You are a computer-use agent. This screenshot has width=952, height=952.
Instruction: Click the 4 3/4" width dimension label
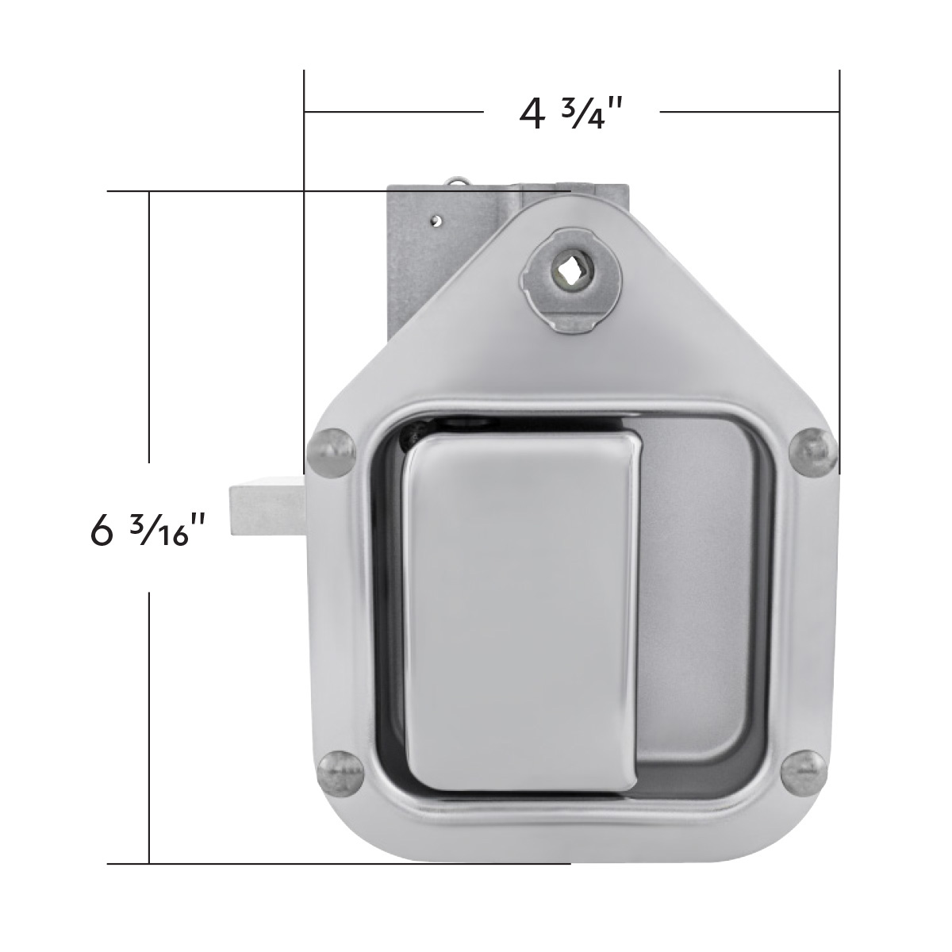pos(569,113)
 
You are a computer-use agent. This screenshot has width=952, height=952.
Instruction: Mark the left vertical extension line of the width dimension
pos(305,262)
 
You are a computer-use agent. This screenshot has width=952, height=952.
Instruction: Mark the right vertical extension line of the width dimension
pos(839,262)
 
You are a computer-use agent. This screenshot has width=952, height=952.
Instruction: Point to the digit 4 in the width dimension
pos(532,113)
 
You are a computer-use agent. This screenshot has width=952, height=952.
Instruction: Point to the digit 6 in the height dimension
pos(102,530)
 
